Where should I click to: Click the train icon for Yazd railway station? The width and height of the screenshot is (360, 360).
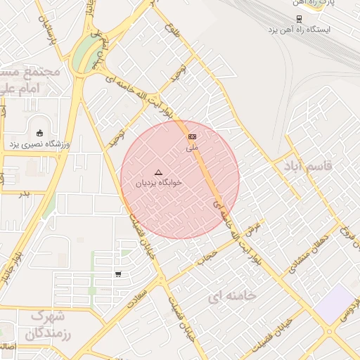pyautogui.click(x=300, y=19)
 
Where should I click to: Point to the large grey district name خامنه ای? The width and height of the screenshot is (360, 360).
pyautogui.click(x=232, y=296)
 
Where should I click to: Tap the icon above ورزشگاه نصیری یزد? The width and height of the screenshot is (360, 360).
pyautogui.click(x=39, y=133)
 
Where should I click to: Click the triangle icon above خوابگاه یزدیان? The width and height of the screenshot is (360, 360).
pyautogui.click(x=158, y=172)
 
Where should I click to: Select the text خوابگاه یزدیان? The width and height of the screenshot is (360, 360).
pyautogui.click(x=158, y=183)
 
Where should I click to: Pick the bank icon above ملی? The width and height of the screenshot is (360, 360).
pyautogui.click(x=192, y=136)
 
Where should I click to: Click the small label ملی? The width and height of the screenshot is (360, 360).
pyautogui.click(x=192, y=148)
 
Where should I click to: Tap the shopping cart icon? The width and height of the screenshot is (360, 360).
pyautogui.click(x=118, y=274)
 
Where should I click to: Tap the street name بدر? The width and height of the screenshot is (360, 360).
pyautogui.click(x=25, y=194)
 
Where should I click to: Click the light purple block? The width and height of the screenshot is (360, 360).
pyautogui.click(x=336, y=304)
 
